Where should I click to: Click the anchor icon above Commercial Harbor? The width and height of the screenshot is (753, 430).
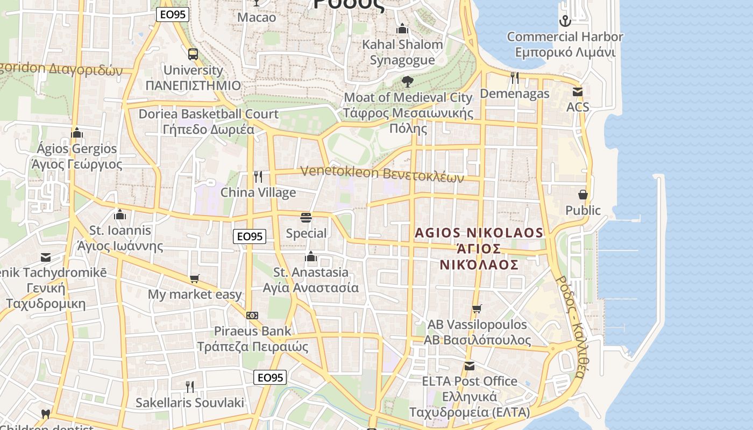click(x=565, y=21)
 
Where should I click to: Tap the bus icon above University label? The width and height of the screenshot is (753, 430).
click(x=193, y=54)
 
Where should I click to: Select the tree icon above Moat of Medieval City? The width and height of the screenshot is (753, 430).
click(x=407, y=82)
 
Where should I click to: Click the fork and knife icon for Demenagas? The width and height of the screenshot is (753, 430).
click(x=515, y=78)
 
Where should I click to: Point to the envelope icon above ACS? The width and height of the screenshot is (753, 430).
click(x=578, y=92)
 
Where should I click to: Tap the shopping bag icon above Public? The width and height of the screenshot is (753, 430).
click(x=583, y=195)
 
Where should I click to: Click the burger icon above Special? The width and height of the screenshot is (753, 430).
click(x=306, y=218)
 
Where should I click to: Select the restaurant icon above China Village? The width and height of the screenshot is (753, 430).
click(x=258, y=177)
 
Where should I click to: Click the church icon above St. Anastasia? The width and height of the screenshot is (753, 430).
click(x=310, y=256)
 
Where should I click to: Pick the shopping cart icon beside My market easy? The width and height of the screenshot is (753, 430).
click(x=195, y=279)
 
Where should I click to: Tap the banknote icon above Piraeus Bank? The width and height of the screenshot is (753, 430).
click(x=252, y=316)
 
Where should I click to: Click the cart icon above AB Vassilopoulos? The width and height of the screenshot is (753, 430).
click(x=477, y=309)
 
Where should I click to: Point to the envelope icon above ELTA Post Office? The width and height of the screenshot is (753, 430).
click(x=470, y=366)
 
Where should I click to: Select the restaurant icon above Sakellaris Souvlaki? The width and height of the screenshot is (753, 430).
click(x=189, y=386)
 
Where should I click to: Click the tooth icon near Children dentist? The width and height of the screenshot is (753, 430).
click(x=46, y=414)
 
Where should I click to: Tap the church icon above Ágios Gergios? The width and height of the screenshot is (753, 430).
click(x=77, y=133)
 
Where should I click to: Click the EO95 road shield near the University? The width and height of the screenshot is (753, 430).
click(x=173, y=15)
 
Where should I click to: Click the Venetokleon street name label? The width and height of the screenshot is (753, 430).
click(x=382, y=174)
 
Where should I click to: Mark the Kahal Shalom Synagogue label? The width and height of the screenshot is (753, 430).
click(x=402, y=52)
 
